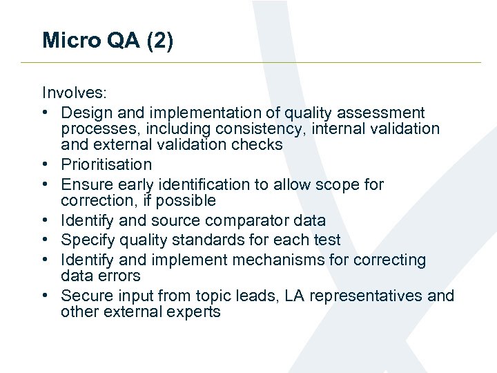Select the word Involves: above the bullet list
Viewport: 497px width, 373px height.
tap(71, 93)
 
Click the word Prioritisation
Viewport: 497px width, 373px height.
tap(106, 164)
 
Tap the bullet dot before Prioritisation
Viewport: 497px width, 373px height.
tap(46, 165)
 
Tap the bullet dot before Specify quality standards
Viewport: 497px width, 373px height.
tap(46, 240)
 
